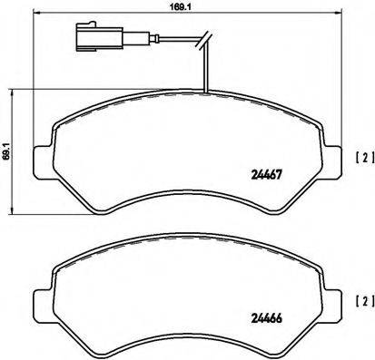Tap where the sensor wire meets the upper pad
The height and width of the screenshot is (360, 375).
click(207, 92)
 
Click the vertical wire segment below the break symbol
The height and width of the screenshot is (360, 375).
click(207, 68)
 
